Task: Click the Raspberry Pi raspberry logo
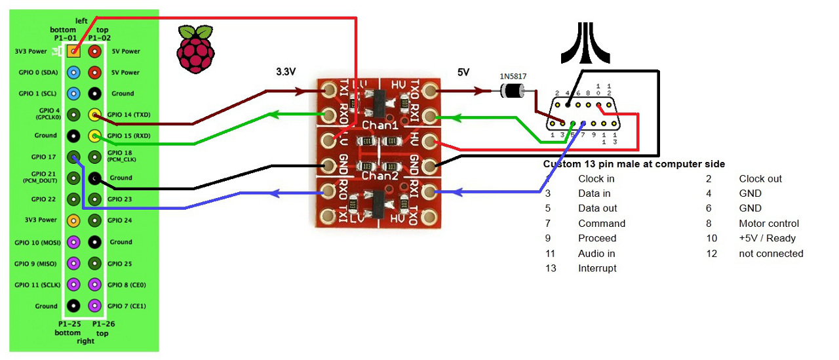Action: coord(196,49)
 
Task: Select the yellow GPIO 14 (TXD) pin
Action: coord(95,115)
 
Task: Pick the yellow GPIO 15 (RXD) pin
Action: coord(95,136)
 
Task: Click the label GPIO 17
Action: coord(43,157)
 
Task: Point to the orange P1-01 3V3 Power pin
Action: coord(74,51)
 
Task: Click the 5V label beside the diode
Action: coord(463,72)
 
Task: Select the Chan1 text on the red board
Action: coord(379,125)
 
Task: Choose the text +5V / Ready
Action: coord(769,238)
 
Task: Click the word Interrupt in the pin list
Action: coord(597,268)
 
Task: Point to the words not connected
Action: coord(771,253)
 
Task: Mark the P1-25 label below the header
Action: coord(66,324)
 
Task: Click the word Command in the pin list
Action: coord(602,224)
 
